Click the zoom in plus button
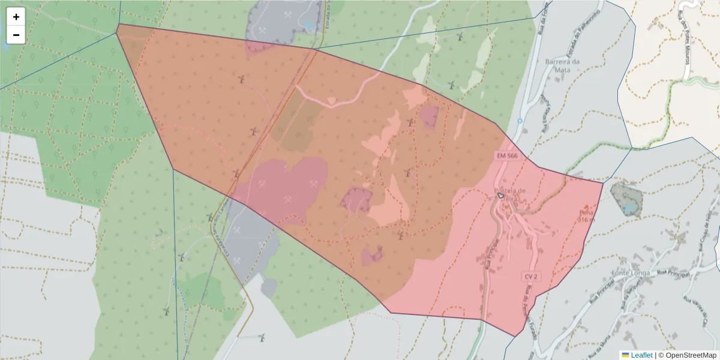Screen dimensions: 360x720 [16, 17]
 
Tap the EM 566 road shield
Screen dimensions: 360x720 [507, 155]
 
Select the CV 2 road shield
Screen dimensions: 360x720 [530, 276]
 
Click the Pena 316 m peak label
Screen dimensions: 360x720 [586, 216]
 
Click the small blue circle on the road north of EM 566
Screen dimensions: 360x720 [520, 121]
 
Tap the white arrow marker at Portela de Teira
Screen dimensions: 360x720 [500, 195]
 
